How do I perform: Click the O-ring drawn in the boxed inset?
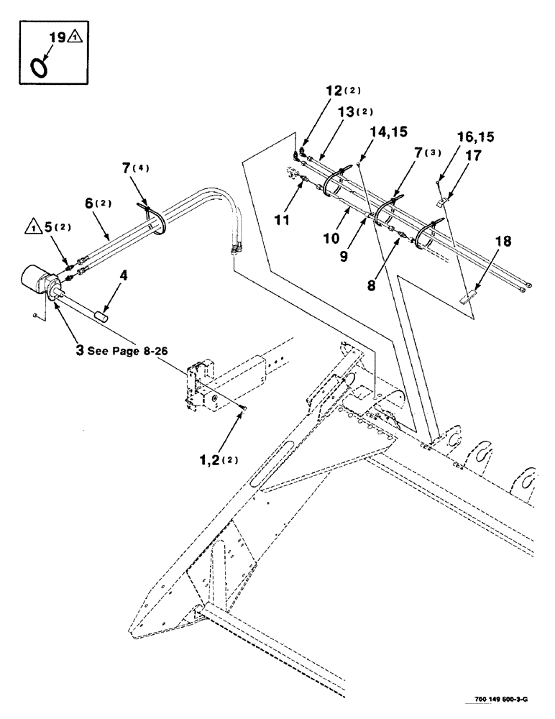point(40,65)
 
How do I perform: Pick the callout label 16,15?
point(476,137)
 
